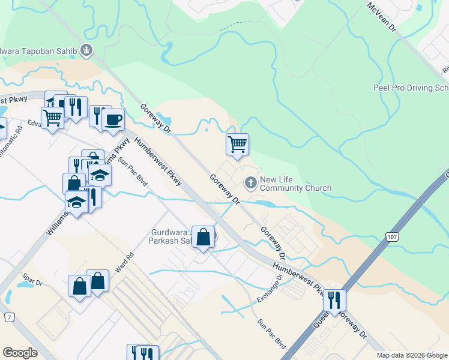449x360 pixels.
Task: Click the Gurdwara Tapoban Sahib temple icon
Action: pyautogui.click(x=87, y=50)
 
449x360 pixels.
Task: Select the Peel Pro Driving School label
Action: pyautogui.click(x=411, y=88)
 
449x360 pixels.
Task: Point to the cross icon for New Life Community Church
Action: pyautogui.click(x=250, y=182)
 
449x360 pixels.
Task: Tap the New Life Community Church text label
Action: pyautogui.click(x=295, y=184)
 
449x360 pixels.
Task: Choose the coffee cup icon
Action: pyautogui.click(x=113, y=119)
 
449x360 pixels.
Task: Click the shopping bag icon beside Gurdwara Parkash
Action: pyautogui.click(x=203, y=237)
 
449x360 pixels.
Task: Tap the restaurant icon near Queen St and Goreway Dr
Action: pyautogui.click(x=334, y=300)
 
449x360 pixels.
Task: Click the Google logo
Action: pyautogui.click(x=20, y=353)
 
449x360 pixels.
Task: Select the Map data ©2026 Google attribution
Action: pyautogui.click(x=412, y=355)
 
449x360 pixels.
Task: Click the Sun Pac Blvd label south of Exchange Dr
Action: pyautogui.click(x=272, y=334)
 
